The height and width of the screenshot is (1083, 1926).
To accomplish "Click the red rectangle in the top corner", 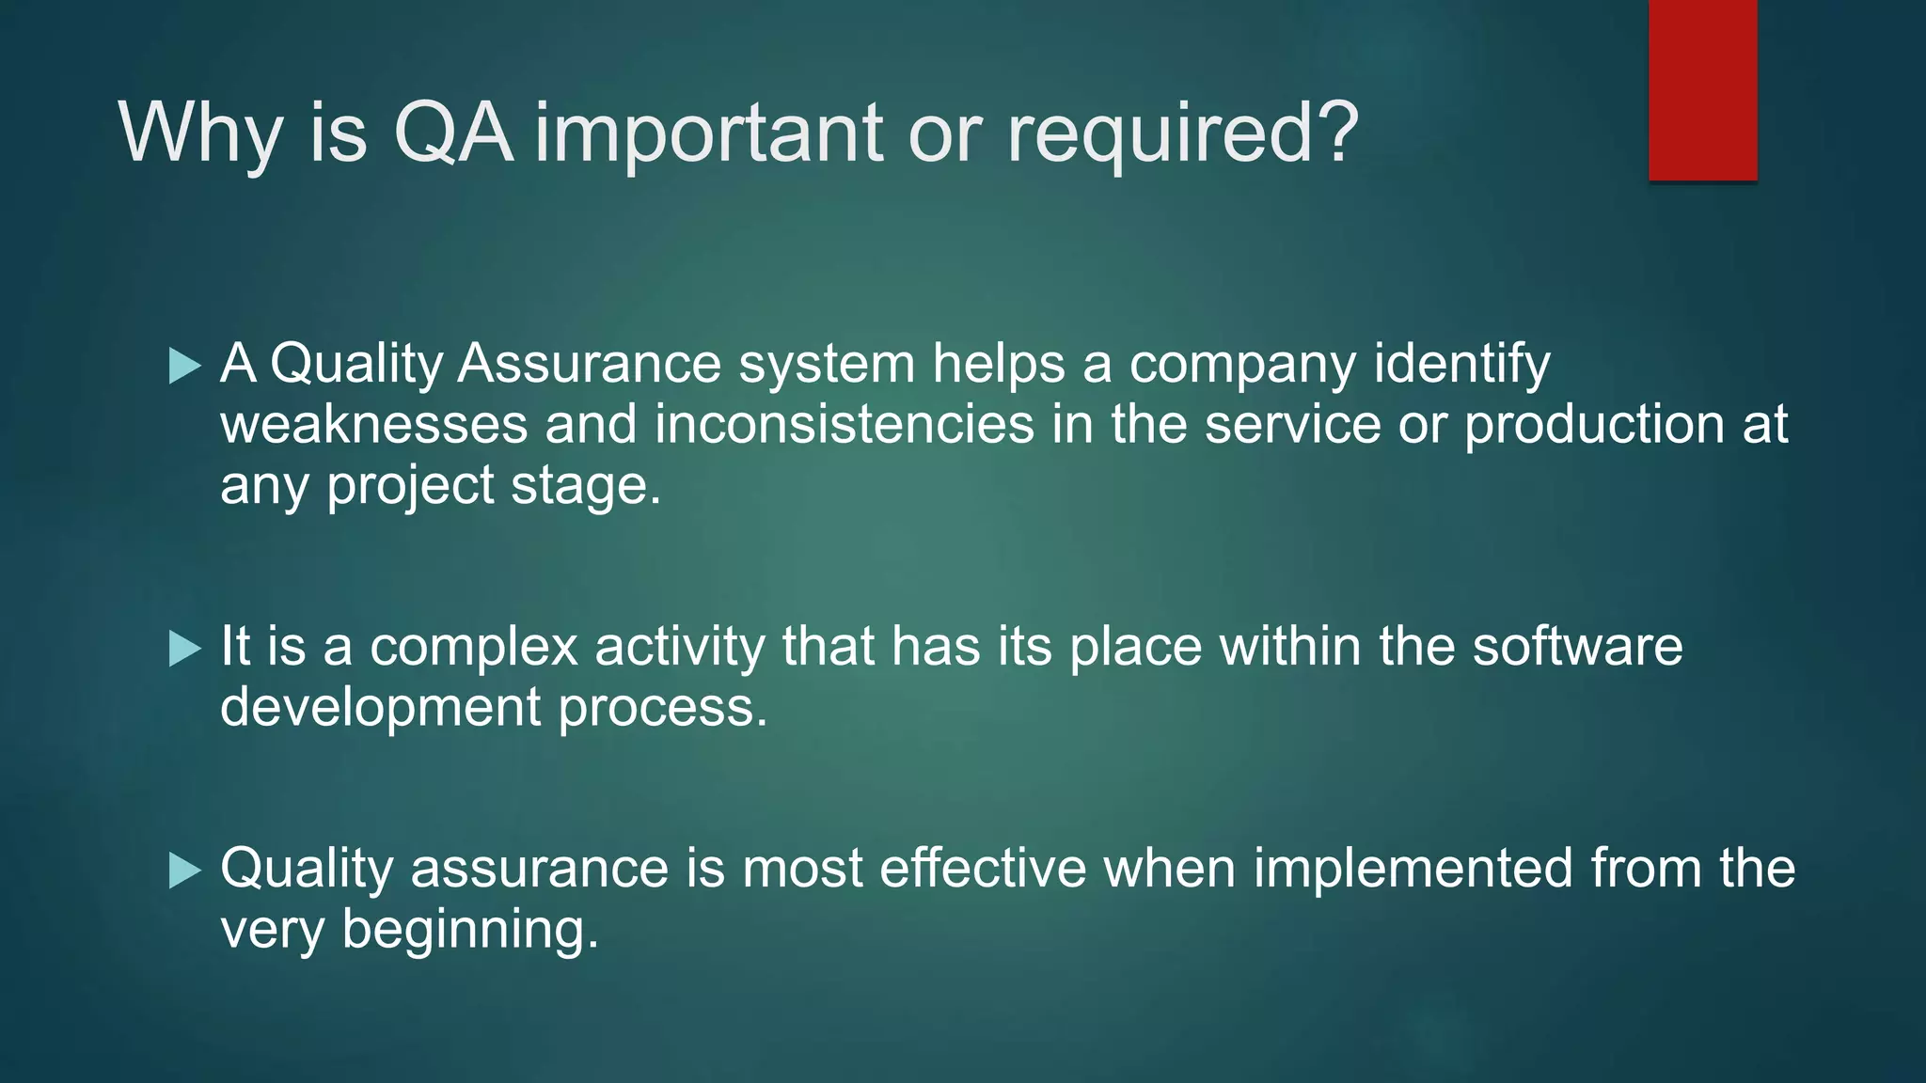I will point(1702,90).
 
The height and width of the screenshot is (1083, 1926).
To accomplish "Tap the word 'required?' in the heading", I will point(1183,133).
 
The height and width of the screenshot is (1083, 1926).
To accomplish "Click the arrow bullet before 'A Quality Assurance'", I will point(185,366).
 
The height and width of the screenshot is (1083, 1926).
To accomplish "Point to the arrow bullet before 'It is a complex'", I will point(185,649).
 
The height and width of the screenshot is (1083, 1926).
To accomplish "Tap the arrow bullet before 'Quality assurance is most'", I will point(185,871).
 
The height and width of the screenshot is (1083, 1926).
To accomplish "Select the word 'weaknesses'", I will point(373,424).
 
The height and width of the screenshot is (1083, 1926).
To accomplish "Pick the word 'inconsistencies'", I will point(845,424).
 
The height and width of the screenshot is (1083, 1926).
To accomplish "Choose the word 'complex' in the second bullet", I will point(473,649).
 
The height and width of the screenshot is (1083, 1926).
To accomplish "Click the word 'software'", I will point(1577,647).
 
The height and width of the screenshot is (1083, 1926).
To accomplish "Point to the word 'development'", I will point(380,708).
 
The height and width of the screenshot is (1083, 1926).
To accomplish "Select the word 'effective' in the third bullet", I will point(983,868).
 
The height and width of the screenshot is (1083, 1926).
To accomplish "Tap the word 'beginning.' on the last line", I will point(470,931).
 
